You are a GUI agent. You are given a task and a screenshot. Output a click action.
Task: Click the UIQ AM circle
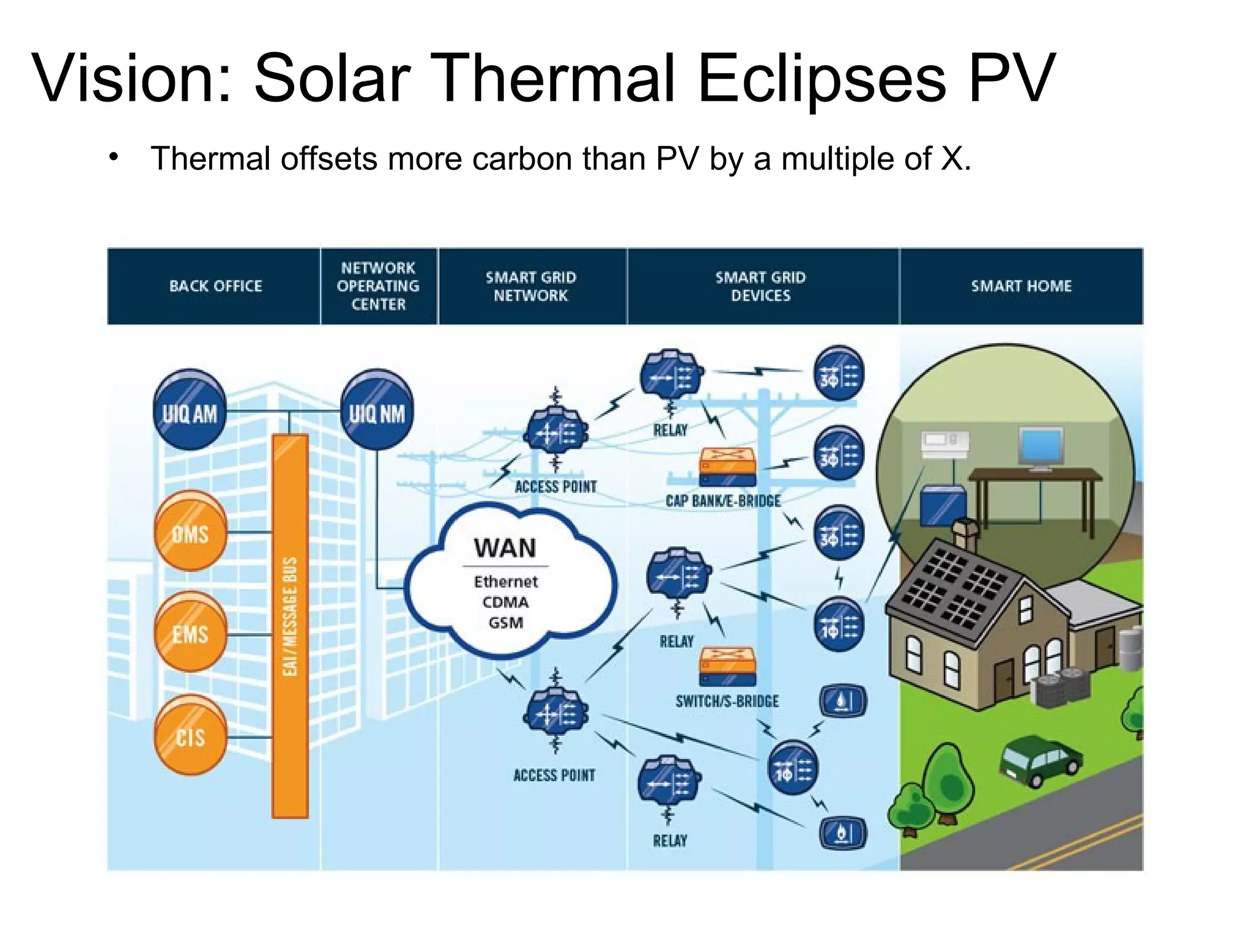[189, 411]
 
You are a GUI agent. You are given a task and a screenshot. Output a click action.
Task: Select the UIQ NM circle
[377, 411]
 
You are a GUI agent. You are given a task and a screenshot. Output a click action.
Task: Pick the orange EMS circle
[190, 632]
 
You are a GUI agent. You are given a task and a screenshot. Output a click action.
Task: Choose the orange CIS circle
[190, 735]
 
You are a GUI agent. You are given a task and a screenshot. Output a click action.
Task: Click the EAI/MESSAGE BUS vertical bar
[290, 624]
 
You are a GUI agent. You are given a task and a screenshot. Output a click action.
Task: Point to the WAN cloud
[508, 581]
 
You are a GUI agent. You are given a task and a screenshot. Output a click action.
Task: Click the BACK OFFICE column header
[215, 286]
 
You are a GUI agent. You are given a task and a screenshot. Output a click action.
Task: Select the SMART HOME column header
[1021, 286]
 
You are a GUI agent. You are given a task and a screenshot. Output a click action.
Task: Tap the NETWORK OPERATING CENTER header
[378, 286]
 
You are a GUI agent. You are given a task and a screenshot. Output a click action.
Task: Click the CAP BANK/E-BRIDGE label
[723, 501]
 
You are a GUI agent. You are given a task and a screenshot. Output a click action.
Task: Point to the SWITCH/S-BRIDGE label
[727, 701]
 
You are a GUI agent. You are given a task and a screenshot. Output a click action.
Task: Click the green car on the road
[1039, 763]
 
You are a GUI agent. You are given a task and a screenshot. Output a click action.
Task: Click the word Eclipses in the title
[821, 79]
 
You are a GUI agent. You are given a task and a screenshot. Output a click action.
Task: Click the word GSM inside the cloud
[506, 623]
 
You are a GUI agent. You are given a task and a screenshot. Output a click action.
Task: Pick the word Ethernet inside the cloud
[506, 581]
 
